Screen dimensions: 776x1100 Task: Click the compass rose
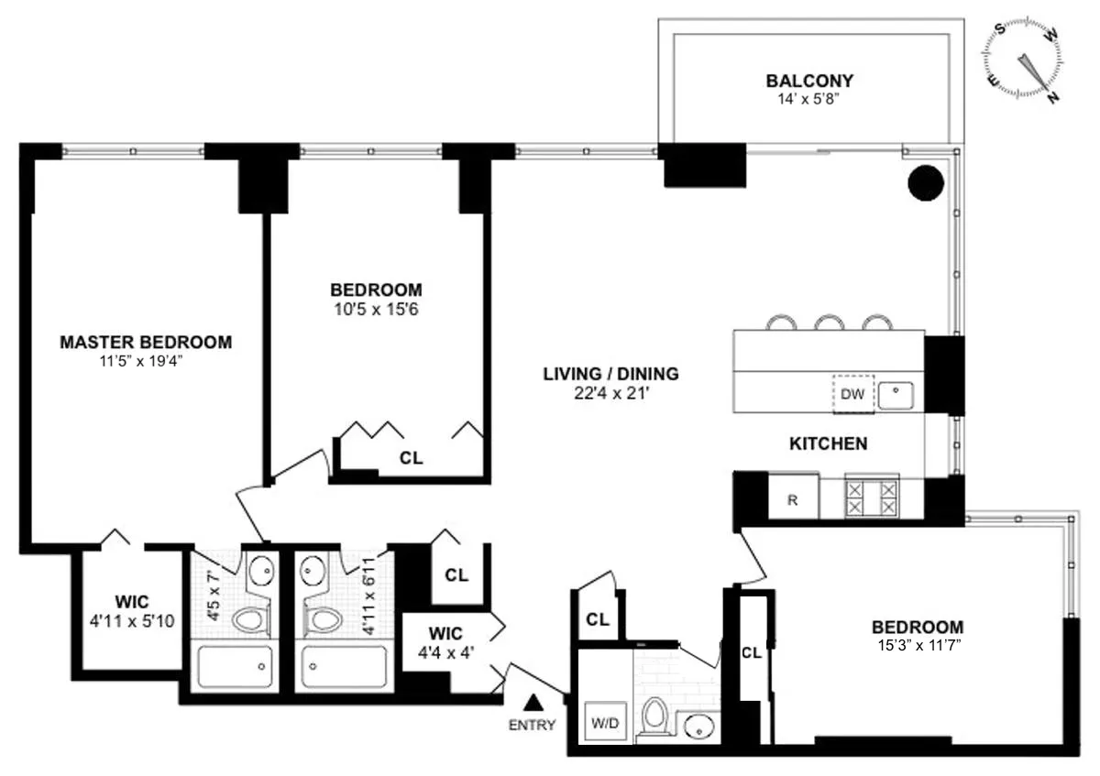tap(1026, 61)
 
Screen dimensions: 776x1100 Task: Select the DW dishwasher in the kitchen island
tap(852, 393)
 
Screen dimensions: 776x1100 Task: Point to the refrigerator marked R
tap(792, 500)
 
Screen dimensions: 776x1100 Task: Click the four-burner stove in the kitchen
tap(871, 499)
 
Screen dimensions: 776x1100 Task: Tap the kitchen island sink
tap(896, 395)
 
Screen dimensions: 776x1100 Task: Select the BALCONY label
tap(811, 81)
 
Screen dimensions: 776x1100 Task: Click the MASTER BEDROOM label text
tap(146, 342)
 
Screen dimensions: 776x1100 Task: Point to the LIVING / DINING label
tap(610, 374)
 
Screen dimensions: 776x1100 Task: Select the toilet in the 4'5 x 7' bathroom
tap(248, 620)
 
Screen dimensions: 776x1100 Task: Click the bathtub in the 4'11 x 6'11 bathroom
tap(345, 668)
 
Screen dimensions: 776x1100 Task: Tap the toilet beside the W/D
tap(654, 716)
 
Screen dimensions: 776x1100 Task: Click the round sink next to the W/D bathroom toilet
tap(700, 727)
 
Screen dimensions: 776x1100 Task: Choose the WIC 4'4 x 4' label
tap(445, 640)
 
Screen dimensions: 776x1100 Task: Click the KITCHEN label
tap(828, 444)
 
